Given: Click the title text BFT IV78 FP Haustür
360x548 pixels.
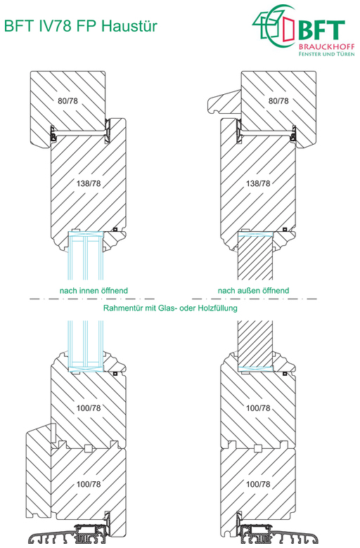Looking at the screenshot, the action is (81, 26).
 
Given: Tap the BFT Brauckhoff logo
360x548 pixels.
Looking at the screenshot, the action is (304, 30).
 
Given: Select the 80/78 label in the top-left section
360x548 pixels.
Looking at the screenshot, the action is (68, 101).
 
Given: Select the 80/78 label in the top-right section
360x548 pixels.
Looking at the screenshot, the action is (278, 101).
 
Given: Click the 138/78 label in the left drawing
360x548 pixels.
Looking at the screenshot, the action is (89, 183).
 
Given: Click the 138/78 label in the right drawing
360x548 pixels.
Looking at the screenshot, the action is (258, 183).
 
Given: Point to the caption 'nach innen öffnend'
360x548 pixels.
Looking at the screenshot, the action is (94, 290).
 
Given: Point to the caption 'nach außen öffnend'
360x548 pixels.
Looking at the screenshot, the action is (254, 290).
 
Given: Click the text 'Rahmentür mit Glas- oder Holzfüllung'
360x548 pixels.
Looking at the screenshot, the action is (170, 308).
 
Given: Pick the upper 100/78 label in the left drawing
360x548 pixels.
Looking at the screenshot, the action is (89, 408).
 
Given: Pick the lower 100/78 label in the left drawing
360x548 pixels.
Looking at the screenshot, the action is (89, 484).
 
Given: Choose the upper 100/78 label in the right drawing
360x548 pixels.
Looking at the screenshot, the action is (258, 408).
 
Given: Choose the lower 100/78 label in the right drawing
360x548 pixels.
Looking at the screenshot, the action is (258, 484).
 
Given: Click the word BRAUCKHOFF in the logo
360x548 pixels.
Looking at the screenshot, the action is (327, 46).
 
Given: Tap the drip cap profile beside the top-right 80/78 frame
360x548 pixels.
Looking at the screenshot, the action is (224, 102).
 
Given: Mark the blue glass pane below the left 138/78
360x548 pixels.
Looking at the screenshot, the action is (86, 256).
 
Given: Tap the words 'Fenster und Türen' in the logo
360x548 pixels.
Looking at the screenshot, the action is (327, 54).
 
